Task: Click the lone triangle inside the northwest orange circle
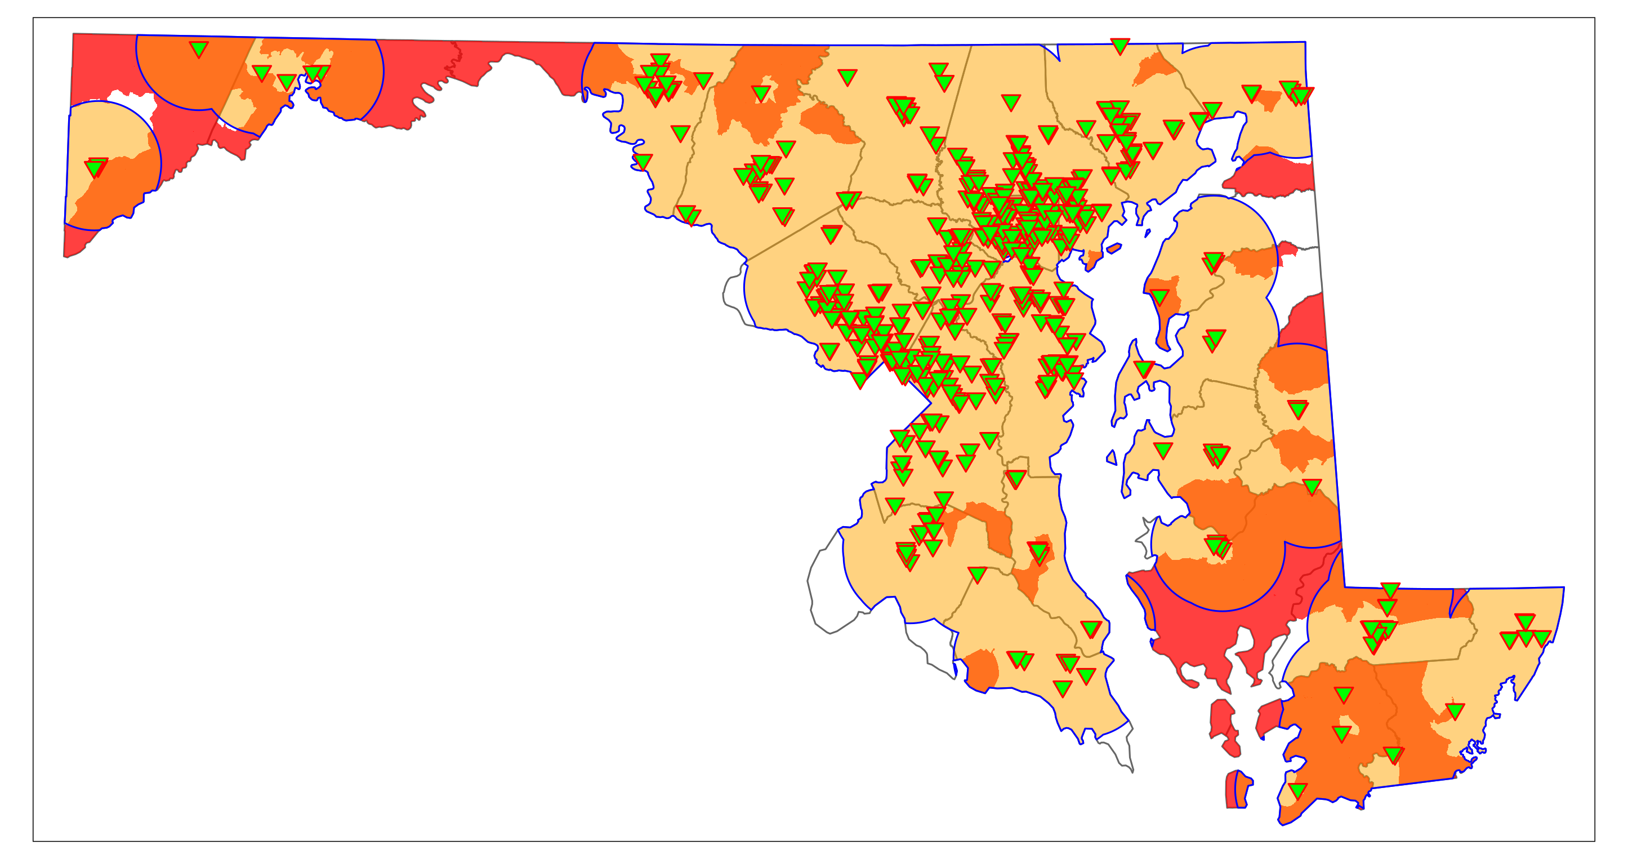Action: click(x=198, y=48)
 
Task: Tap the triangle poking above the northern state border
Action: click(x=1119, y=45)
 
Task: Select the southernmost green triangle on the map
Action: click(x=1297, y=790)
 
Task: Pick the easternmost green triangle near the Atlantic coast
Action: click(x=1541, y=638)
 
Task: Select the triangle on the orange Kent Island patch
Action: click(x=1159, y=296)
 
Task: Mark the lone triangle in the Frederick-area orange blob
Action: click(x=761, y=94)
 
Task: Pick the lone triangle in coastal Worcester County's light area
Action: click(x=1454, y=711)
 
